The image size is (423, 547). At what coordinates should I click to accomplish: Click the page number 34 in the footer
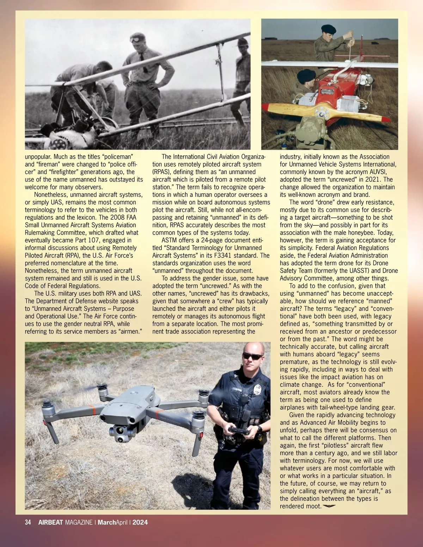pos(28,522)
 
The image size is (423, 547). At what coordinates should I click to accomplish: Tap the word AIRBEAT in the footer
pos(50,522)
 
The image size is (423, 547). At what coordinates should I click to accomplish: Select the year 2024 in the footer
pos(140,522)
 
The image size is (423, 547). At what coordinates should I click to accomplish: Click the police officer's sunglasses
pos(252,356)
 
